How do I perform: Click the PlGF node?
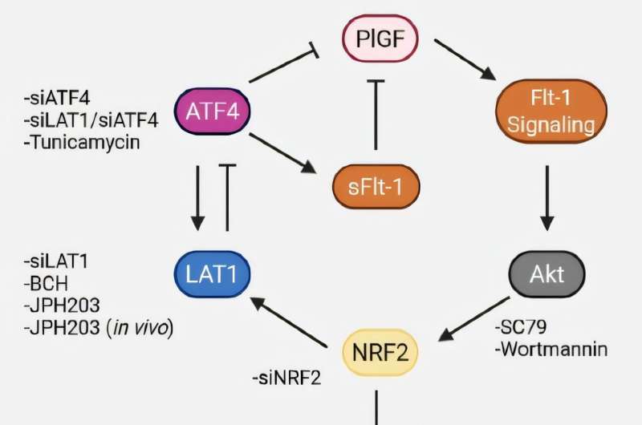click(x=379, y=38)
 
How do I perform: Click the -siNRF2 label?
click(x=286, y=377)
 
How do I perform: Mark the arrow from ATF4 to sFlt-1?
click(x=281, y=152)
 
